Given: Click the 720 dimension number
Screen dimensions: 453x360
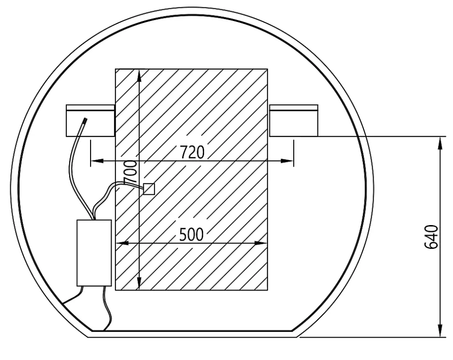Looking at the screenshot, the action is click(x=192, y=152).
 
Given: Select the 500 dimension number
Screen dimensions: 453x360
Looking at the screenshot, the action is click(x=191, y=234).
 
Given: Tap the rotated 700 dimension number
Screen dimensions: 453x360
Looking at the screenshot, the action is click(x=130, y=172).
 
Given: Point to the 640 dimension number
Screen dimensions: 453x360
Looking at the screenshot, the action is click(x=431, y=237).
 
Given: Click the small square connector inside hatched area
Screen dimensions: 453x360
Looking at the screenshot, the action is click(x=149, y=189).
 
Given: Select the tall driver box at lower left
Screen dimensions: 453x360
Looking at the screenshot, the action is click(x=94, y=253).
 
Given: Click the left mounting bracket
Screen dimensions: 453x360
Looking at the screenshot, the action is click(x=91, y=120).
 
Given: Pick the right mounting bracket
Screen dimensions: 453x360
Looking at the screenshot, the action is click(x=294, y=120).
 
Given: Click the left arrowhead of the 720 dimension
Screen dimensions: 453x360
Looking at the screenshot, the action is click(x=97, y=161).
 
